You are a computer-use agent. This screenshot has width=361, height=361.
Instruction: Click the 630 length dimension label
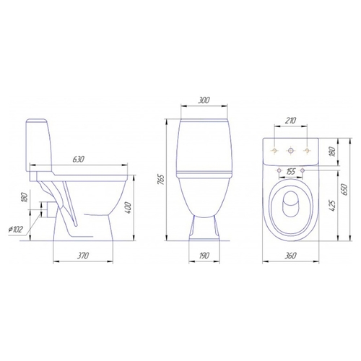79,160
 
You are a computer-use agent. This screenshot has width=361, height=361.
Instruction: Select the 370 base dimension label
83,256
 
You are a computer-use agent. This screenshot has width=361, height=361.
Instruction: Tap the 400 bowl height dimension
129,208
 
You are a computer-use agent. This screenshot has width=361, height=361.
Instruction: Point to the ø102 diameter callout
15,230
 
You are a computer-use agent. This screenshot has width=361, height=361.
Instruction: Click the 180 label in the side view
25,197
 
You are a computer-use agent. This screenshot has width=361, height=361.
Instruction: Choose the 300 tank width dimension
204,100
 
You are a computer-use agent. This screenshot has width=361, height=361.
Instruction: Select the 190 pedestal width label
204,256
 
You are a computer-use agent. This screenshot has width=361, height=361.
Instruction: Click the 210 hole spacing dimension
291,120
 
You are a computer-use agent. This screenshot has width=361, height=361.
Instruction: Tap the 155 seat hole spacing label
291,172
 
